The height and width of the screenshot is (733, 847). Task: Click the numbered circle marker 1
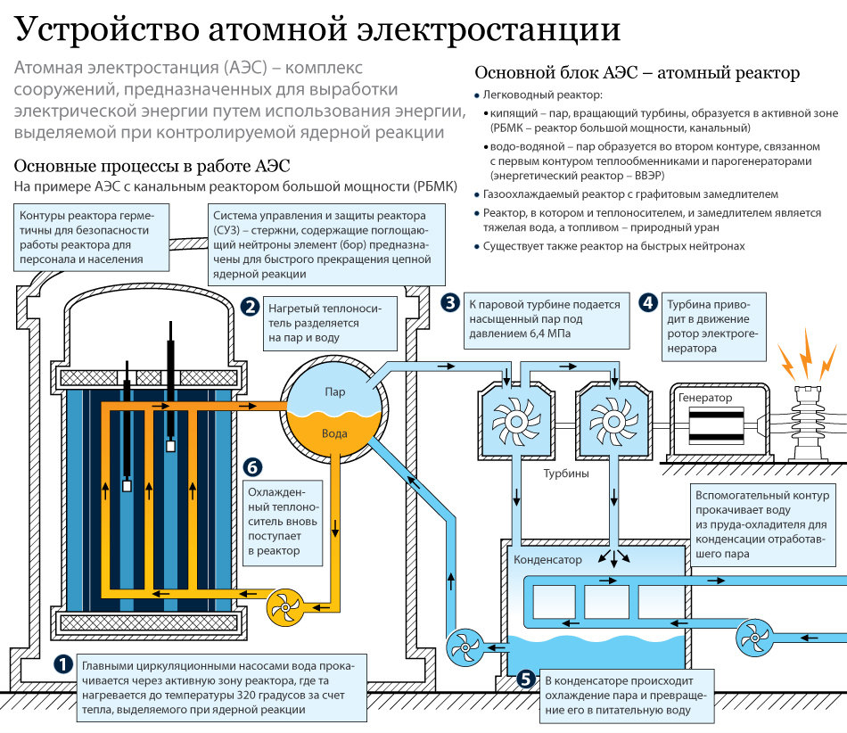[x=64, y=665]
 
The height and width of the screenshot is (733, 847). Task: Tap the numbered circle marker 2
[x=251, y=307]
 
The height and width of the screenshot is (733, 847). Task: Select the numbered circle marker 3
[x=451, y=303]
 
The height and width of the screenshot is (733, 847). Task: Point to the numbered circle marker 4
[x=648, y=303]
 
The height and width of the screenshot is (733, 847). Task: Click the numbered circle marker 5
[x=526, y=679]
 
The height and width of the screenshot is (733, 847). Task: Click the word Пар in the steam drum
[x=335, y=391]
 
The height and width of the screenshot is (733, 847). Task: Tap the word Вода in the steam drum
[x=334, y=433]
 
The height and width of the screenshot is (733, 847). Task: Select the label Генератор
[x=705, y=398]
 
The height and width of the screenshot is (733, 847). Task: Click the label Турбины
[x=566, y=474]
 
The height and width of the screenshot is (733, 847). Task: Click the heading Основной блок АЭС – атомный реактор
[x=637, y=72]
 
